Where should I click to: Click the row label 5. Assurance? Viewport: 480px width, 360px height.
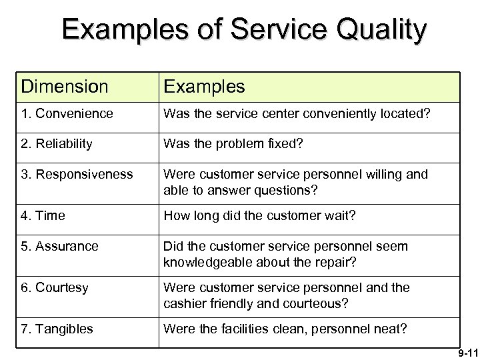(59, 246)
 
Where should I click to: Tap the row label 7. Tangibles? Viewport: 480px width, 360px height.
(57, 329)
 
